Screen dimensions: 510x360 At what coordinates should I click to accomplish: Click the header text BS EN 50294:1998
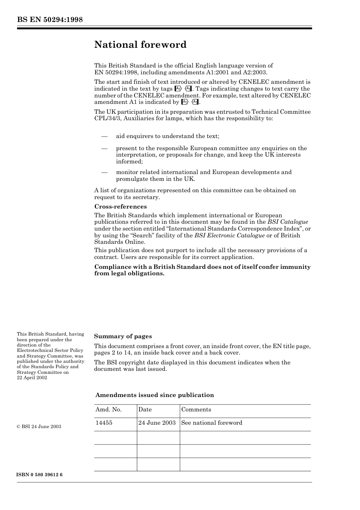pyautogui.click(x=50, y=20)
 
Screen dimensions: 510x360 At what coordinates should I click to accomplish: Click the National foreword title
pyautogui.click(x=140, y=45)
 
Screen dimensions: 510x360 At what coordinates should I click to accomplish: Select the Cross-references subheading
pyautogui.click(x=120, y=207)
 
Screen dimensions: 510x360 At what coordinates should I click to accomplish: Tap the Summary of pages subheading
pyautogui.click(x=123, y=336)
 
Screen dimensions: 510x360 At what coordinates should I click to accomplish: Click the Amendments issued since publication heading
pyautogui.click(x=154, y=395)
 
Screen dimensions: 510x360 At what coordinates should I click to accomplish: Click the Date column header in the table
pyautogui.click(x=145, y=410)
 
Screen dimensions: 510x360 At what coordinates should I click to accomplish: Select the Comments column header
pyautogui.click(x=196, y=410)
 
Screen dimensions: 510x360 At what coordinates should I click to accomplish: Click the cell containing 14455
pyautogui.click(x=104, y=423)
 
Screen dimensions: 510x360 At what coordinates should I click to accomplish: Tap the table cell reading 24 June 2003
pyautogui.click(x=157, y=423)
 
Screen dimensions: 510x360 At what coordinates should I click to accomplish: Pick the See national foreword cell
pyautogui.click(x=211, y=423)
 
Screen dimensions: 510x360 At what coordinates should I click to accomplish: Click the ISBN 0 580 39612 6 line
pyautogui.click(x=39, y=475)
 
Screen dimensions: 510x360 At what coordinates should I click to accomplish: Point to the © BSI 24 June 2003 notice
pyautogui.click(x=39, y=427)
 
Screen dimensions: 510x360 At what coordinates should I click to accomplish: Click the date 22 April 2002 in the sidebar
pyautogui.click(x=32, y=378)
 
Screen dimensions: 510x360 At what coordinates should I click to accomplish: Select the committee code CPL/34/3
pyautogui.click(x=108, y=118)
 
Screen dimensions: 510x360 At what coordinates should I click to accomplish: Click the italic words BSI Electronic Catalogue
pyautogui.click(x=229, y=235)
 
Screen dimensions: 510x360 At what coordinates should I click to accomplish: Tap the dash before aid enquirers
pyautogui.click(x=104, y=136)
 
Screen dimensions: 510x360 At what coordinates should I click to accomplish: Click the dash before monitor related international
pyautogui.click(x=104, y=172)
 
